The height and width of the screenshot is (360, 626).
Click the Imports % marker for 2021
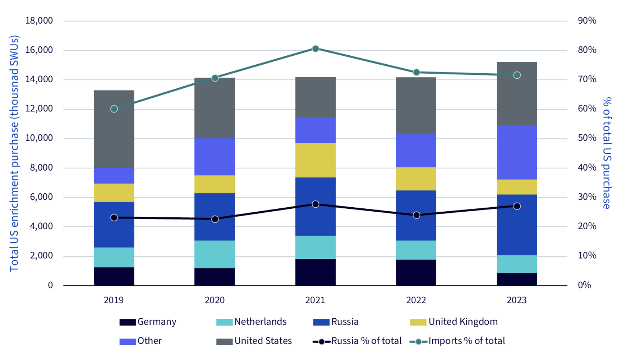(x=316, y=49)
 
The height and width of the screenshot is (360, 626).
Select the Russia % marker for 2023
(x=517, y=206)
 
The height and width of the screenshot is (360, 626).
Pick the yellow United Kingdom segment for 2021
(x=316, y=160)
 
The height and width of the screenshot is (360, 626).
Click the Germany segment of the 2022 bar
(x=416, y=272)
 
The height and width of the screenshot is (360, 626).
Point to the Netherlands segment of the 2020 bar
(x=215, y=254)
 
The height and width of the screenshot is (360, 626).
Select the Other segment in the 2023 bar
(x=517, y=152)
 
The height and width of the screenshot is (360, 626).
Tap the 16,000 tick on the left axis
(x=39, y=50)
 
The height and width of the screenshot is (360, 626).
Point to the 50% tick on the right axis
(x=587, y=138)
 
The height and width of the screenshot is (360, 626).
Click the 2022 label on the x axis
(x=416, y=300)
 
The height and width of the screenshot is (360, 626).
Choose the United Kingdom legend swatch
(x=418, y=322)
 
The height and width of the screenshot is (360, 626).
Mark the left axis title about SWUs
(x=14, y=153)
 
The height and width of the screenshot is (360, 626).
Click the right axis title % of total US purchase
(x=606, y=153)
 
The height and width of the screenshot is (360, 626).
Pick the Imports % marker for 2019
(x=114, y=109)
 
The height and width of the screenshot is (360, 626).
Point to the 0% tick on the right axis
(x=584, y=285)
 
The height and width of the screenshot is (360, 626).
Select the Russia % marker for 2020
(x=215, y=219)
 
